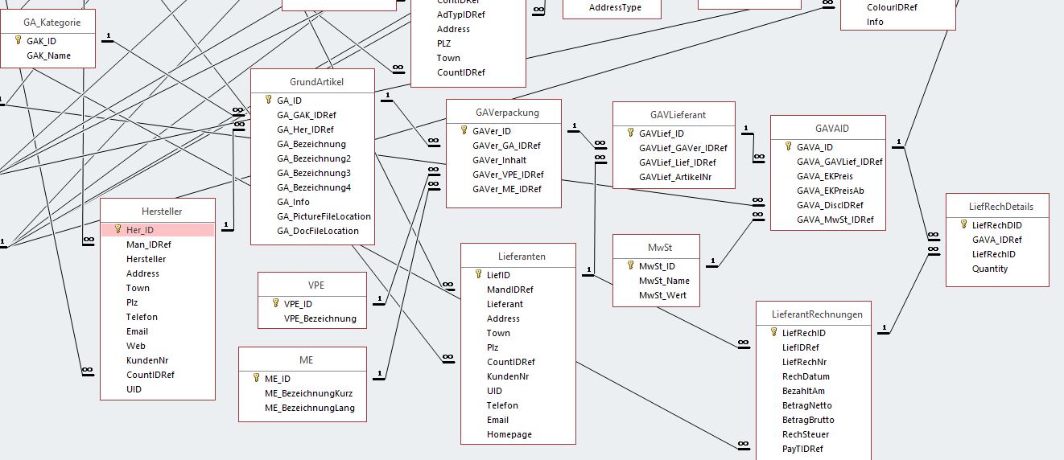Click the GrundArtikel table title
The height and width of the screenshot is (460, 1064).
point(312,82)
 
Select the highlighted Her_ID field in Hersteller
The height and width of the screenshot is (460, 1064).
point(140,230)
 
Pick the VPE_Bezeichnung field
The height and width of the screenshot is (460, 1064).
point(320,318)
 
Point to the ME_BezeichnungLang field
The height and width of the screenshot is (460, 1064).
point(309,408)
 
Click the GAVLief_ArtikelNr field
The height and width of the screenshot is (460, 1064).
point(675,177)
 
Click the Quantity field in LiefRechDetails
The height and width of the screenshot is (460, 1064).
point(990,269)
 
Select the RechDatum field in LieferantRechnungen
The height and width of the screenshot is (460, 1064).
point(806,376)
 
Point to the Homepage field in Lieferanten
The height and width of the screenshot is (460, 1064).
point(509,434)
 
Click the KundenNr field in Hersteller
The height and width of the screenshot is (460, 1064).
point(147,360)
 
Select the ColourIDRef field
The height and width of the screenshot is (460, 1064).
point(892,7)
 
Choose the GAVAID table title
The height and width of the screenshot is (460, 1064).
point(827,129)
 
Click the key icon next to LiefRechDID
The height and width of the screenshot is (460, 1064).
point(963,225)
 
